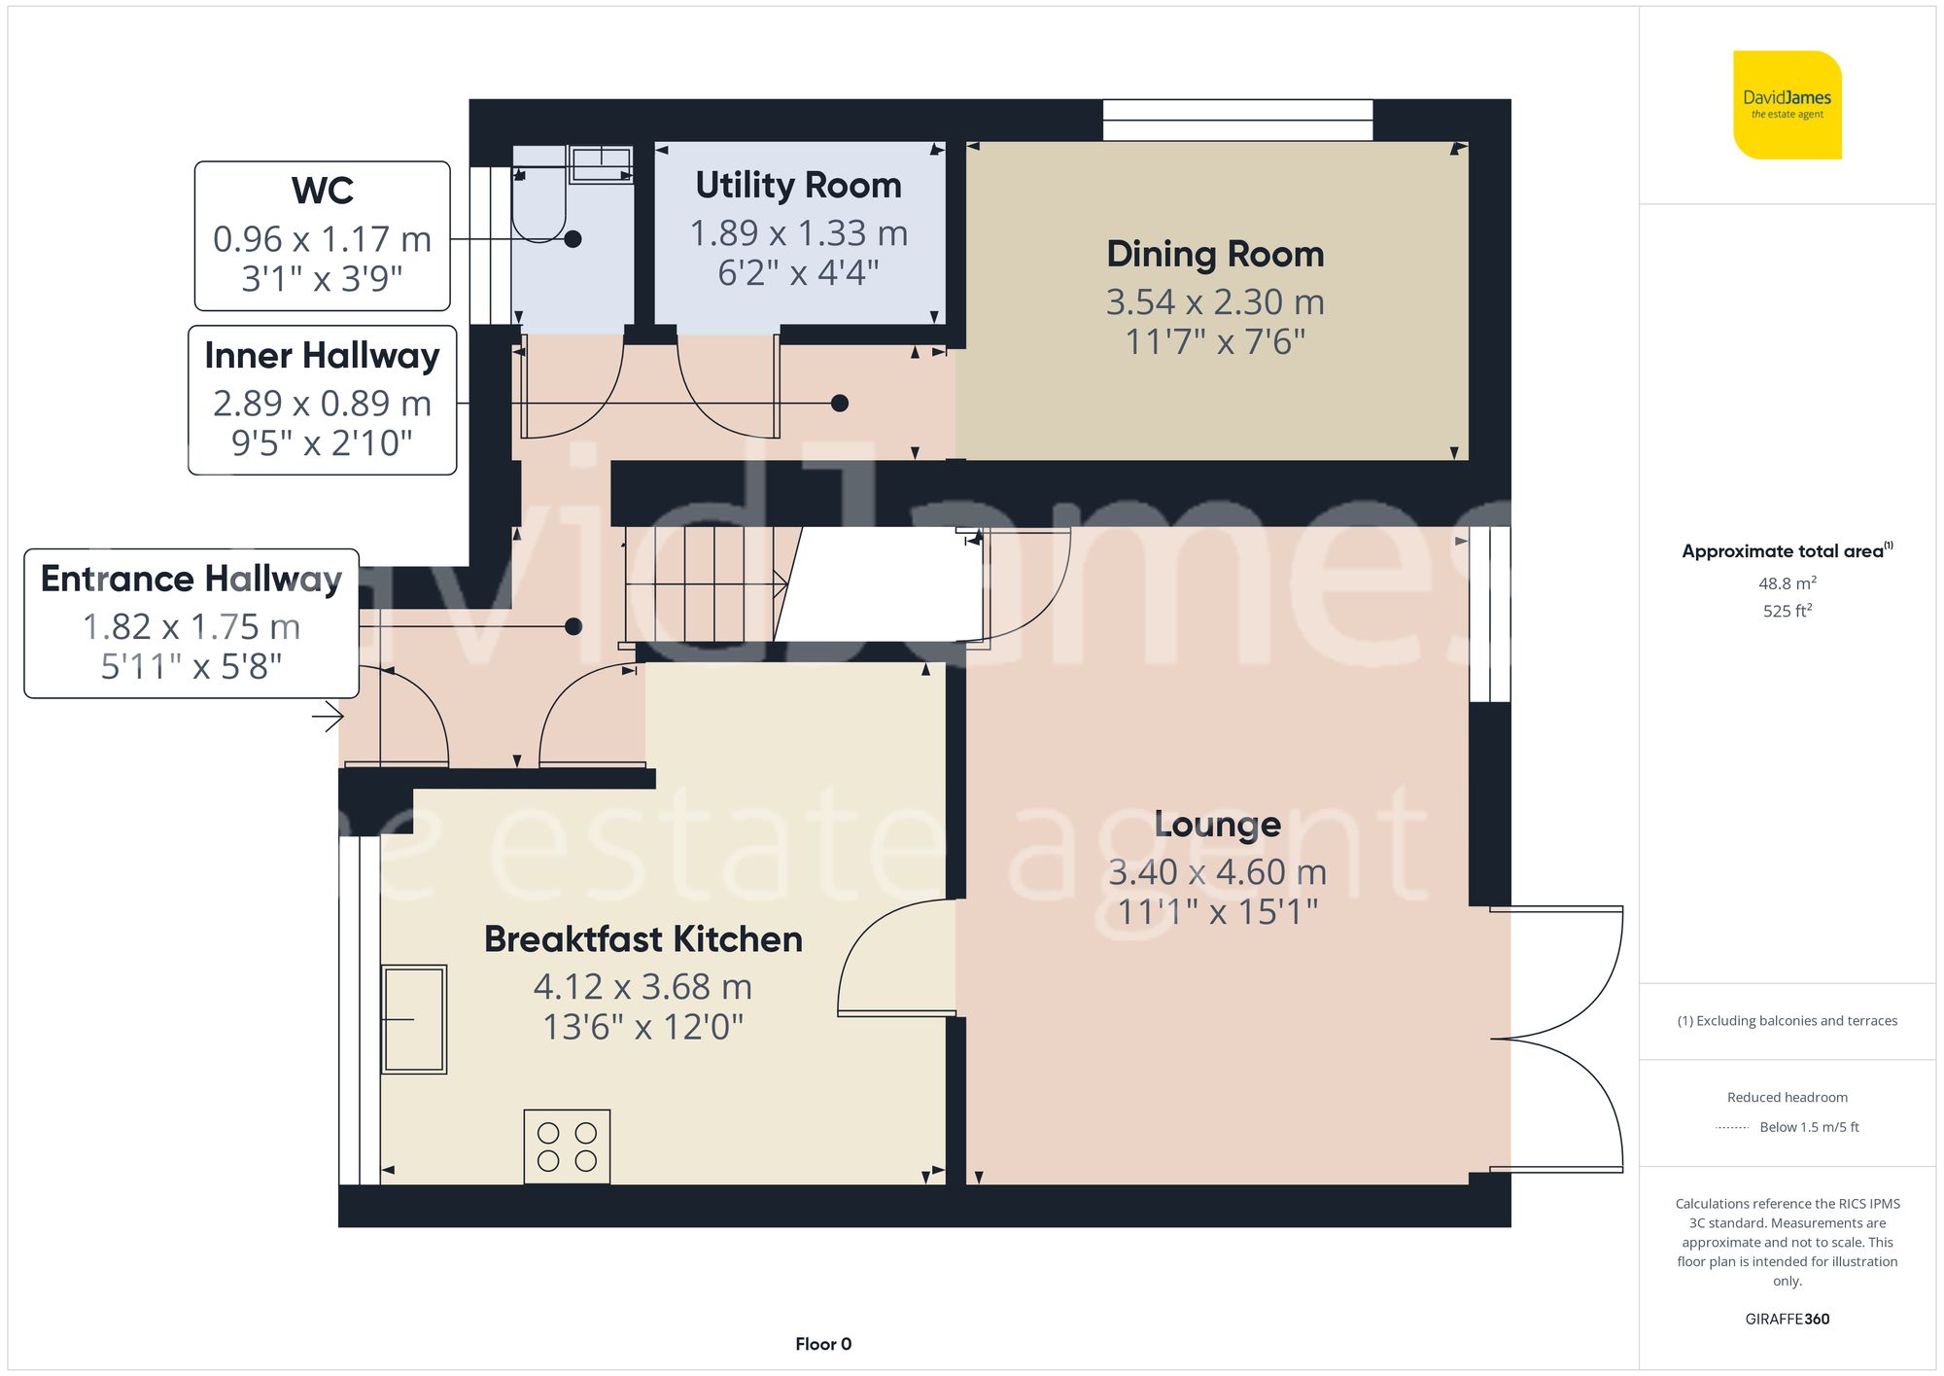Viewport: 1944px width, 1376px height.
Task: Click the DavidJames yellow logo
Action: click(x=1787, y=105)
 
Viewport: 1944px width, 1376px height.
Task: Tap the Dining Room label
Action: click(x=1215, y=255)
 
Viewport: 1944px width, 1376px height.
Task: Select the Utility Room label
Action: click(x=798, y=186)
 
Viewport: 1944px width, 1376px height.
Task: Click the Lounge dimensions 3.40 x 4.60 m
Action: click(x=1217, y=872)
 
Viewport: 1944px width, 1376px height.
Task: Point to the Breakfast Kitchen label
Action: click(x=642, y=939)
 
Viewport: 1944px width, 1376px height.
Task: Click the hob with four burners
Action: click(x=567, y=1147)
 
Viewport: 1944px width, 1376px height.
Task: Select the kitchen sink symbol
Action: click(x=414, y=1019)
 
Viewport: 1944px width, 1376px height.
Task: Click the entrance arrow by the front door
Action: click(x=329, y=718)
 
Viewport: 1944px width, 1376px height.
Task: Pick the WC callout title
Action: click(x=322, y=191)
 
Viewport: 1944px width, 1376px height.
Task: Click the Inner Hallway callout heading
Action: click(x=322, y=356)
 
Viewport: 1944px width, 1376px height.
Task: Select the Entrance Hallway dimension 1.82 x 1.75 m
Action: click(x=191, y=627)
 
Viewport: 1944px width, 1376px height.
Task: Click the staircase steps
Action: click(x=700, y=583)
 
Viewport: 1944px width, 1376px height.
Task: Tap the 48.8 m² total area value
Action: click(x=1787, y=583)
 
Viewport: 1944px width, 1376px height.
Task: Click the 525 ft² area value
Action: click(x=1787, y=611)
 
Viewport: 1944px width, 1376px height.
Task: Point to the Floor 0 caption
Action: click(x=822, y=1344)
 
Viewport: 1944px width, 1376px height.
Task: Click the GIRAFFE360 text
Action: click(x=1787, y=1320)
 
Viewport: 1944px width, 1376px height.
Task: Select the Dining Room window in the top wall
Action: click(x=1237, y=121)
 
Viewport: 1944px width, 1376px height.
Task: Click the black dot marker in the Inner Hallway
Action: click(x=840, y=403)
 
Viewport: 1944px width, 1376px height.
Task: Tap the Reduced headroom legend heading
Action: click(x=1787, y=1097)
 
